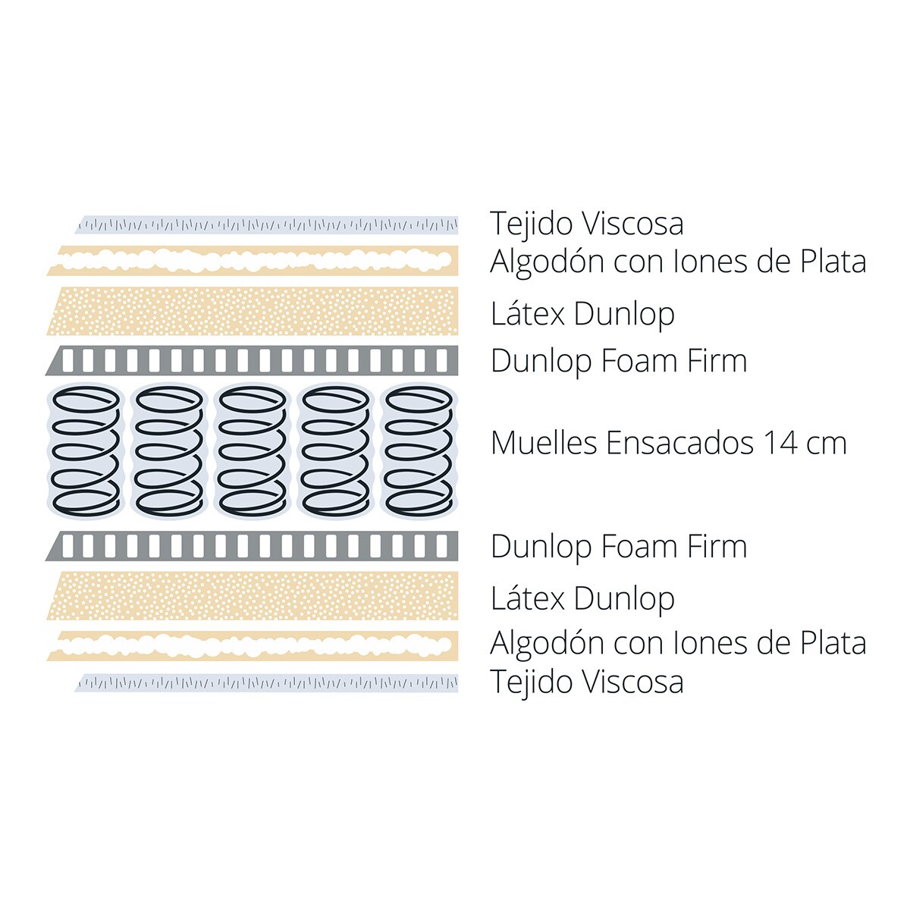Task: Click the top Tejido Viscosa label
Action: tap(586, 224)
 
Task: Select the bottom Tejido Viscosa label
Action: tap(586, 682)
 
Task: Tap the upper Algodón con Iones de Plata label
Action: tap(678, 262)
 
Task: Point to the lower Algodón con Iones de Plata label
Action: tap(678, 643)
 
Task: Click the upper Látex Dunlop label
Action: tap(582, 315)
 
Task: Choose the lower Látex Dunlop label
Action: tap(582, 599)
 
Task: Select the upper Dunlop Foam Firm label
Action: tap(619, 361)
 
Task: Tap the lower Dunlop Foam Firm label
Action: tap(619, 546)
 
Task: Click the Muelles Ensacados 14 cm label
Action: tap(669, 443)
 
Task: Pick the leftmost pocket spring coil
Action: tap(86, 451)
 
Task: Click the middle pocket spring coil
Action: tap(253, 451)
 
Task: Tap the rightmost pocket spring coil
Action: tap(419, 451)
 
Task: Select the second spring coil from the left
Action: tap(169, 451)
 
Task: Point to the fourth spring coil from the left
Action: tap(336, 451)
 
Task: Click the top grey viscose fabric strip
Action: tap(267, 224)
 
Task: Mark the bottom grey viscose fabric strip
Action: tap(267, 683)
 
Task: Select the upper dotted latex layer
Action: tap(253, 311)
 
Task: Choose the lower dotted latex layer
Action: tap(253, 595)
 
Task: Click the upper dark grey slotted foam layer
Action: tap(252, 360)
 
